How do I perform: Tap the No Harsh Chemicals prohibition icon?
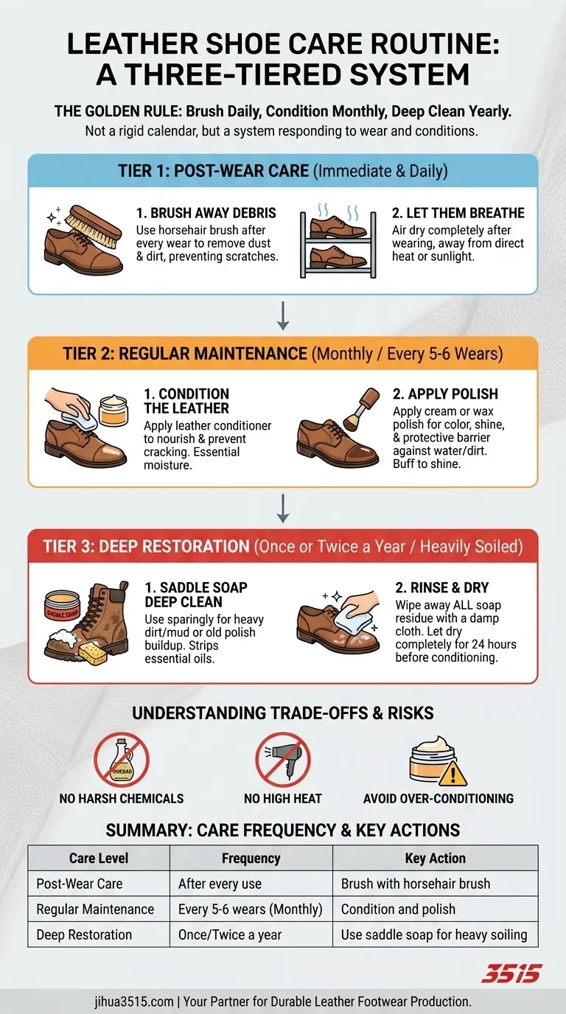122,760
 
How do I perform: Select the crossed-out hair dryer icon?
282,760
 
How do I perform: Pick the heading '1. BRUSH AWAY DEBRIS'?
206,213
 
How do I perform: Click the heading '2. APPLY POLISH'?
445,394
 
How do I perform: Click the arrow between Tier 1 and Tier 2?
283,316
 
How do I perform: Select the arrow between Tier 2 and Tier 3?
283,508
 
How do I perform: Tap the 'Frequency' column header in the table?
251,858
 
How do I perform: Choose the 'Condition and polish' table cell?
398,909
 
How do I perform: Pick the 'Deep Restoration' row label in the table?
84,934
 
